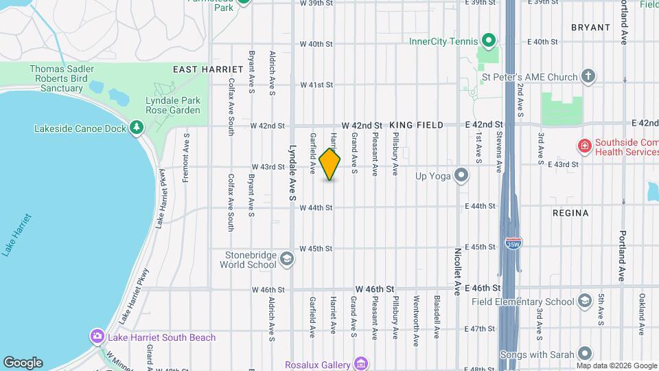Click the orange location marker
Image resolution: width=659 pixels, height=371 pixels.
[330, 164]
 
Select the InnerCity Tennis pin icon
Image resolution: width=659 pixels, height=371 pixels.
[488, 41]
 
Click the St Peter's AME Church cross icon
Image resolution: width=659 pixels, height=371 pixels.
[588, 76]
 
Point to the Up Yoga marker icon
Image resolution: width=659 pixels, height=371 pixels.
[462, 176]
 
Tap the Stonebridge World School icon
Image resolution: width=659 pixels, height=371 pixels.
[286, 259]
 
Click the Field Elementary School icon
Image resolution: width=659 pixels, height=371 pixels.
[584, 301]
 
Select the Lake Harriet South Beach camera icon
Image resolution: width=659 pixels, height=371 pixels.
[97, 337]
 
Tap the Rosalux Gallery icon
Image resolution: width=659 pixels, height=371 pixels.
[361, 364]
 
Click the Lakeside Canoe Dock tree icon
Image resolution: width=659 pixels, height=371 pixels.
[137, 128]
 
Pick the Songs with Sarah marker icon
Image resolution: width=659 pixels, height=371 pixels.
[584, 353]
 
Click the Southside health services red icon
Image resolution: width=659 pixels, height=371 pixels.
[584, 146]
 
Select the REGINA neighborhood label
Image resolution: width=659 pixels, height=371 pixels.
[570, 213]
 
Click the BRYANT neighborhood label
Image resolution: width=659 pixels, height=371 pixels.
[590, 27]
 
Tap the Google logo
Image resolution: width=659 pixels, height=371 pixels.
[23, 362]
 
